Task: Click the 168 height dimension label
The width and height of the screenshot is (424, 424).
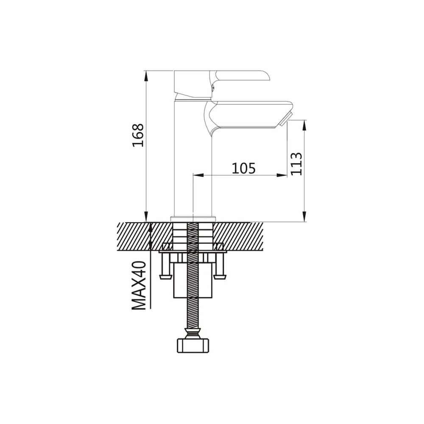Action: click(138, 135)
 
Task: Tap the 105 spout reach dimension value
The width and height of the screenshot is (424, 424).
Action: click(243, 168)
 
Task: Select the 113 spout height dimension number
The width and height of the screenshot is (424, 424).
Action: click(296, 164)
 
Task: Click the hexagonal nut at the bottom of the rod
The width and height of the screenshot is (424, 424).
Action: click(193, 345)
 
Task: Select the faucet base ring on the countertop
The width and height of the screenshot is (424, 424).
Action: click(193, 219)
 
